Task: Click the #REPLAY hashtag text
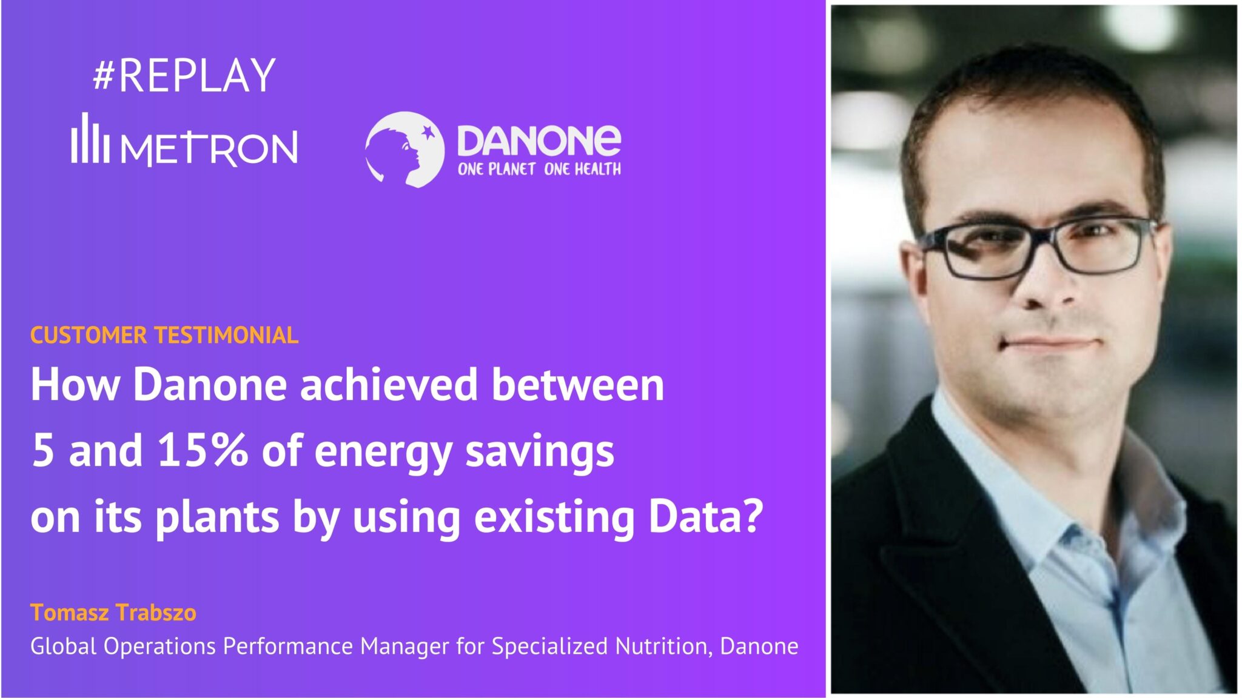pyautogui.click(x=184, y=76)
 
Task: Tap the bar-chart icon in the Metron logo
pyautogui.click(x=90, y=139)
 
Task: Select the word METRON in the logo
pyautogui.click(x=209, y=148)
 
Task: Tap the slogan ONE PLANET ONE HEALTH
pyautogui.click(x=539, y=169)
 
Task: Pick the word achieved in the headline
pyautogui.click(x=389, y=385)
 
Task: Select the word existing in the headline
pyautogui.click(x=554, y=517)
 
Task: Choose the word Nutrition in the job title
pyautogui.click(x=660, y=646)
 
